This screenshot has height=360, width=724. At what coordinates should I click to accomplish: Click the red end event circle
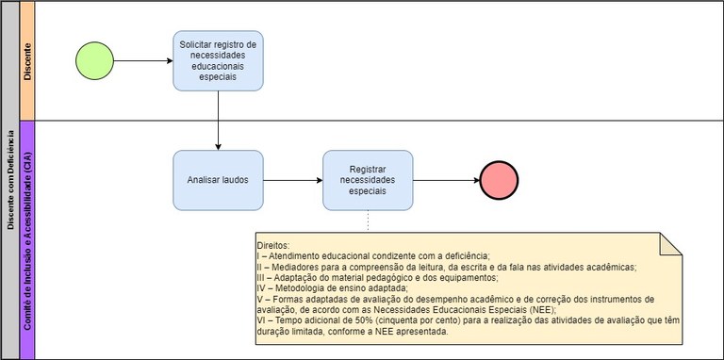click(499, 180)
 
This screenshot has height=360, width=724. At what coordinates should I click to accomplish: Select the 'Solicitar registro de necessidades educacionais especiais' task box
click(218, 60)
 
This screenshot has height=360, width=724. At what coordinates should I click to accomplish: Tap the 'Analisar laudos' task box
click(218, 180)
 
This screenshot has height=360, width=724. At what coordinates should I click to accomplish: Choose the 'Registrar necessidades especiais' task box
click(368, 180)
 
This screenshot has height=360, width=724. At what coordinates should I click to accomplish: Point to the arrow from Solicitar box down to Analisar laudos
click(218, 120)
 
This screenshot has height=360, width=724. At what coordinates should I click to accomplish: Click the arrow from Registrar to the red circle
click(445, 180)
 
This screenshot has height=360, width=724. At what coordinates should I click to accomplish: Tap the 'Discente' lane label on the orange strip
click(27, 60)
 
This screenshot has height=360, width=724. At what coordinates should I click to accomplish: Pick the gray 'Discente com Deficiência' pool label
click(9, 179)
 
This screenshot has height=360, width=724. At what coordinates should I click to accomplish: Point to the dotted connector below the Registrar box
click(368, 221)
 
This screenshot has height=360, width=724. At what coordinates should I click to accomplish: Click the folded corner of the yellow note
click(670, 243)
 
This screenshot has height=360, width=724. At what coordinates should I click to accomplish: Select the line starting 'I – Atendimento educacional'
click(372, 255)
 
